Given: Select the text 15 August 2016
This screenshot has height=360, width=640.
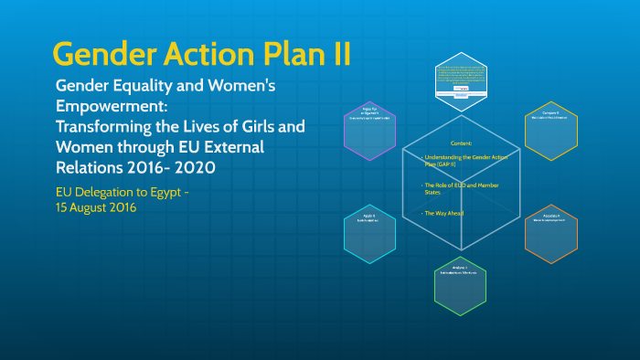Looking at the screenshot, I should coord(97,208).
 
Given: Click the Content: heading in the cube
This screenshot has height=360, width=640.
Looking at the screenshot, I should coord(462,144).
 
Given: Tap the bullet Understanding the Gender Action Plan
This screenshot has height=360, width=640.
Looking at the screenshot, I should coord(461,162).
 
